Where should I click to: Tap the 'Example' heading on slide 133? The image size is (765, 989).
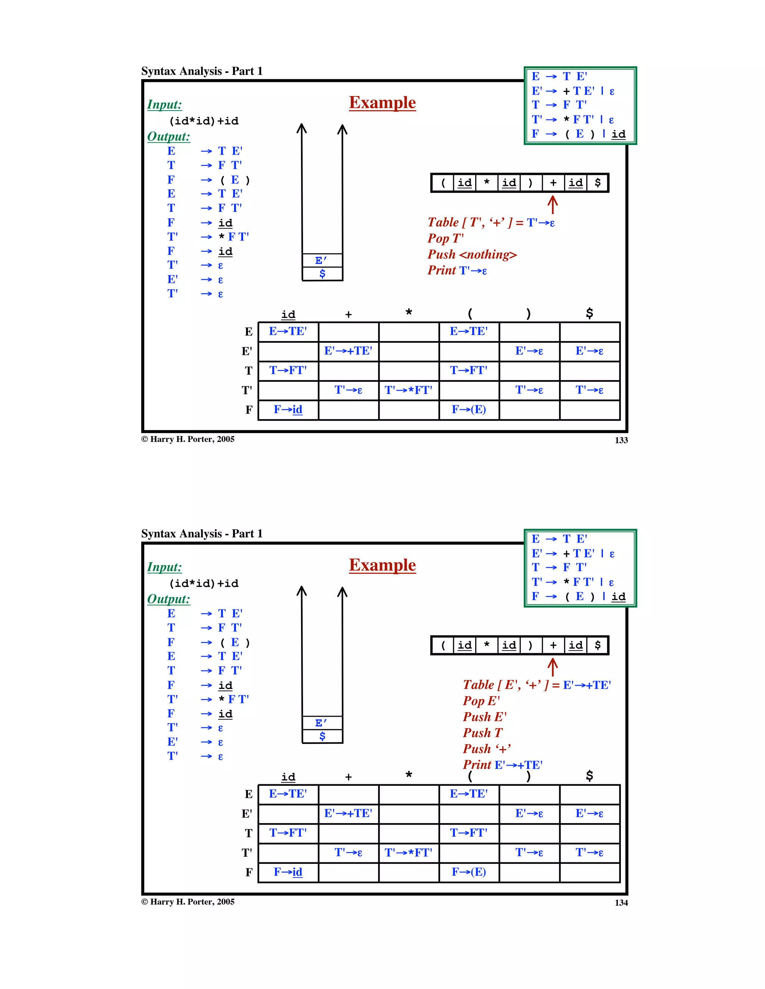(382, 103)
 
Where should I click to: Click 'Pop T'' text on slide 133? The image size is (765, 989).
(445, 238)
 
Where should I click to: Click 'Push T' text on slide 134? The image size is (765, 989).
(483, 733)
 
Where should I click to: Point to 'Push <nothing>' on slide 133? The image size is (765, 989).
(472, 254)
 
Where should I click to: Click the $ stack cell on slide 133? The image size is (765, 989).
(322, 273)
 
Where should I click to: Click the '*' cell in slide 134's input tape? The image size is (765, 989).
(487, 645)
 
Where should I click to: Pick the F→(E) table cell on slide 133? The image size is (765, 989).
(468, 410)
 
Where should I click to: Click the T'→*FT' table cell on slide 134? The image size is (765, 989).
(408, 853)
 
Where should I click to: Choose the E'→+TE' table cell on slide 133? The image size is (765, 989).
(348, 351)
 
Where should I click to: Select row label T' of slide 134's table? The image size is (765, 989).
(247, 853)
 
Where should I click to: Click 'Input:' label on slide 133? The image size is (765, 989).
(164, 105)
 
